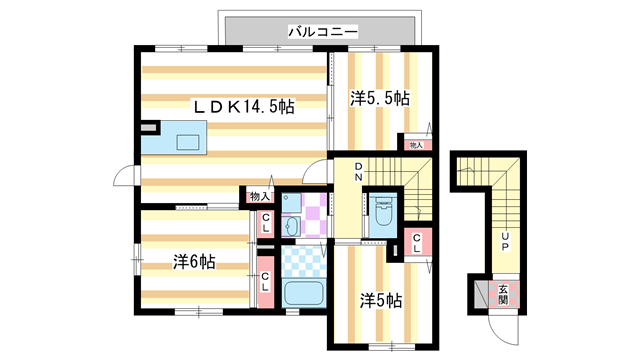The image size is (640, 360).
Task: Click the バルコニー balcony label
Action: tap(322, 32)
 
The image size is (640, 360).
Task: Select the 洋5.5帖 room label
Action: tap(379, 98)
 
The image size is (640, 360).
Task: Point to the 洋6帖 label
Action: tap(193, 262)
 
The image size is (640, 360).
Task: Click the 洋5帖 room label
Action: tap(381, 299)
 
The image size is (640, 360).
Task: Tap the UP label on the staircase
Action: tap(505, 240)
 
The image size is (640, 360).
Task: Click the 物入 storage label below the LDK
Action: tap(259, 196)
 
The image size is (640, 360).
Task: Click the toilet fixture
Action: tap(383, 215)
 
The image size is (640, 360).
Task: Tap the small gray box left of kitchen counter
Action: tap(150, 129)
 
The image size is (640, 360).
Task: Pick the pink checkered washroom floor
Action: tap(314, 214)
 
